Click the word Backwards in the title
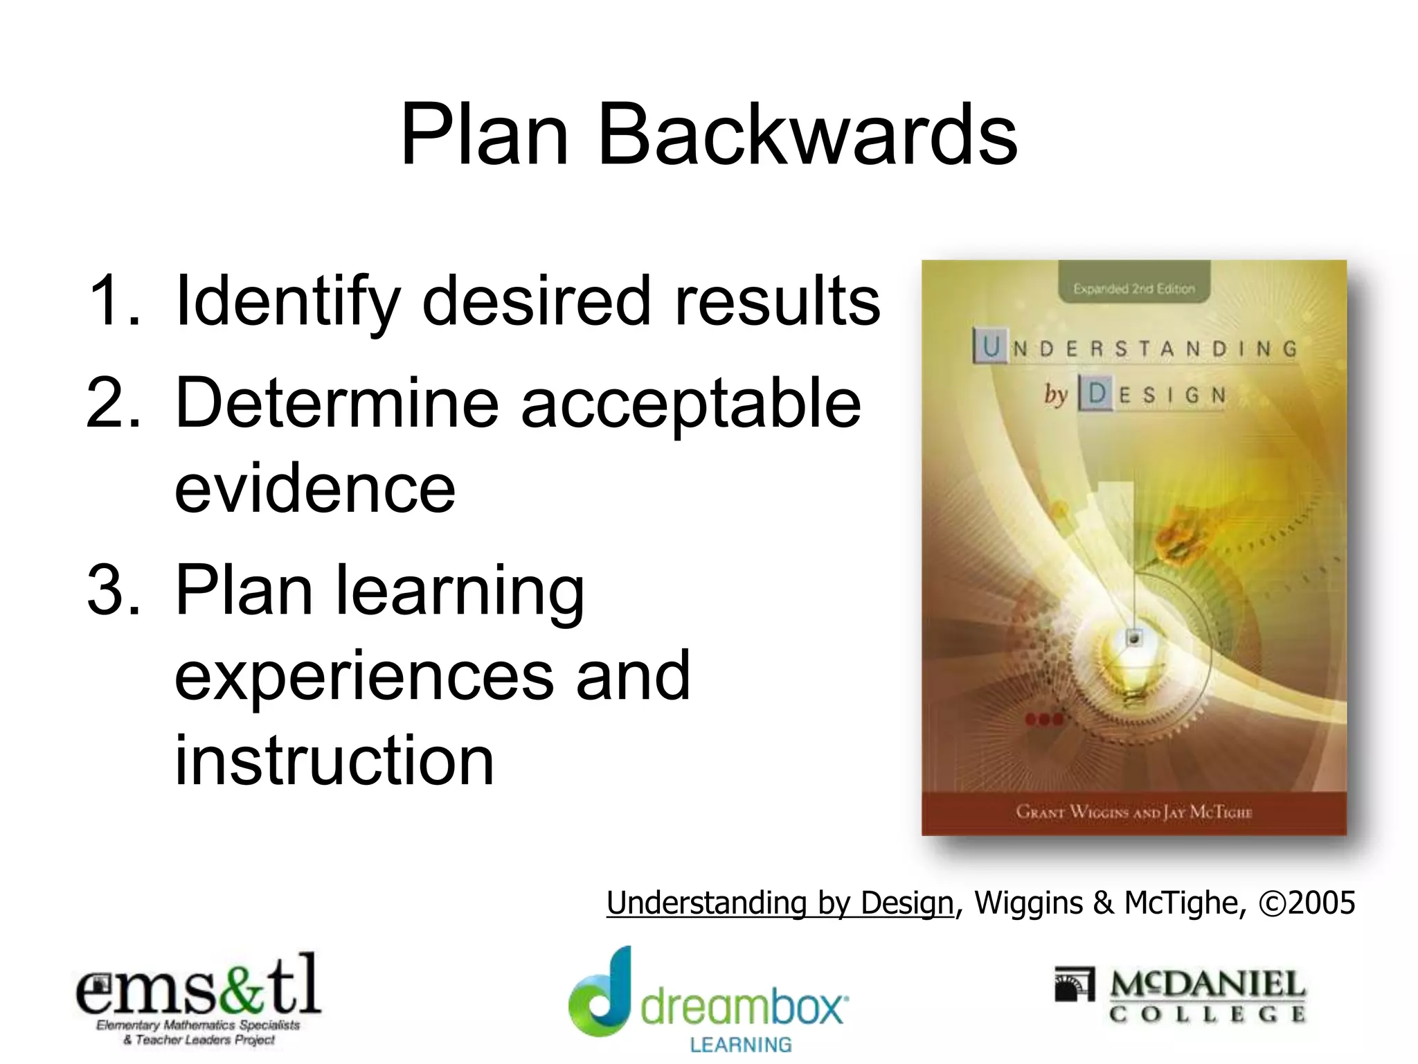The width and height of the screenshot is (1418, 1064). coord(807,135)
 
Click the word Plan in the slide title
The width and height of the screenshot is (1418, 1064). coord(485,135)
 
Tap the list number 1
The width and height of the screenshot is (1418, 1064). coord(114,301)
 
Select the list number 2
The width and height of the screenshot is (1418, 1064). coord(114,403)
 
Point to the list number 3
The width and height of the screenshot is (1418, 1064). coord(114,590)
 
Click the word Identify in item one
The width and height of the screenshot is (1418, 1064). coord(288,301)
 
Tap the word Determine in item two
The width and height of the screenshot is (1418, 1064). coord(337,403)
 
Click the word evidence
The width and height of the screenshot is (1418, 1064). coord(315,488)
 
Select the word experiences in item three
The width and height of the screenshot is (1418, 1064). coord(364,675)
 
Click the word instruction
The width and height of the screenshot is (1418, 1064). coord(334,761)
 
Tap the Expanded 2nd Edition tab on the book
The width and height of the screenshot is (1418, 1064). coord(1134,289)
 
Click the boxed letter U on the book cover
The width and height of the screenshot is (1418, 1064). coord(991,346)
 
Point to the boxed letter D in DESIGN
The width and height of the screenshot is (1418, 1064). coord(1097,394)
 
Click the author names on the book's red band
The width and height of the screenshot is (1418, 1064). coord(1134,812)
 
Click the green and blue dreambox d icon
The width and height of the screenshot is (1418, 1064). coord(601,994)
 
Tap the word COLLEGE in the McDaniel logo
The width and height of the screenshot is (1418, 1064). coord(1208,1015)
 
